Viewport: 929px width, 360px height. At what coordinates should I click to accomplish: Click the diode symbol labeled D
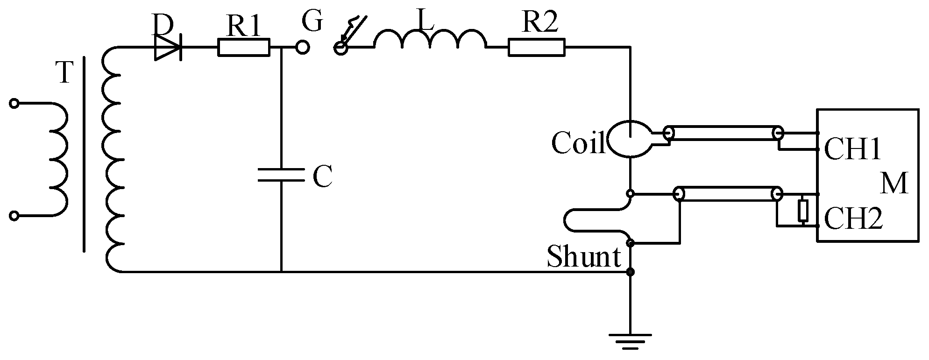(x=167, y=47)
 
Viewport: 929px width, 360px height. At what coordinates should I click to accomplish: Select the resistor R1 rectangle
(x=244, y=47)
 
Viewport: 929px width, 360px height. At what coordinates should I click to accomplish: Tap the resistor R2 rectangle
(x=537, y=47)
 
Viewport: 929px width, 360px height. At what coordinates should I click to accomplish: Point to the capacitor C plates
(x=281, y=175)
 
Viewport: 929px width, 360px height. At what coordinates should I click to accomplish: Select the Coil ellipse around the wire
(x=630, y=138)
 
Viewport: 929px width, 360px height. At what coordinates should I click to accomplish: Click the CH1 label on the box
(x=852, y=150)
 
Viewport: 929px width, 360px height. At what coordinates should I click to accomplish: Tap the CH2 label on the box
(x=853, y=219)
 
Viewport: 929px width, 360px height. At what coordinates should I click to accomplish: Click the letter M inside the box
(x=894, y=184)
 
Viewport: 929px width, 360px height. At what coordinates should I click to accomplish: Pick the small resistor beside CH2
(x=803, y=210)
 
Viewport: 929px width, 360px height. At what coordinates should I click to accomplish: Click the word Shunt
(x=583, y=257)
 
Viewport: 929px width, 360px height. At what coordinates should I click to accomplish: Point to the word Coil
(x=578, y=142)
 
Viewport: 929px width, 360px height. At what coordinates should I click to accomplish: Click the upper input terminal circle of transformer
(x=14, y=104)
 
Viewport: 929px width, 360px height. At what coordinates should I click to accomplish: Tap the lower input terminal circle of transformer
(x=14, y=215)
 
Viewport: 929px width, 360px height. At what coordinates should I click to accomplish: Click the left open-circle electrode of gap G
(x=303, y=47)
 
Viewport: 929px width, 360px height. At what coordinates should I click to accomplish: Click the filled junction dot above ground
(x=630, y=272)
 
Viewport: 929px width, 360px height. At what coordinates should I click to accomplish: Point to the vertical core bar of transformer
(x=84, y=154)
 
